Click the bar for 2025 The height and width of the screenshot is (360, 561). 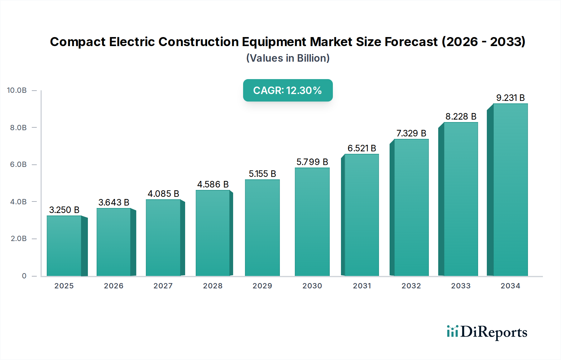[x=64, y=246]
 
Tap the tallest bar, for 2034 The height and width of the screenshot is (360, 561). [x=510, y=190]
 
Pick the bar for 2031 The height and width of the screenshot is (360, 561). [x=362, y=215]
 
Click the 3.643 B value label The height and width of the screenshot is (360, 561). [x=114, y=202]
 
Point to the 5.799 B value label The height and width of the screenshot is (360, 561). [x=312, y=162]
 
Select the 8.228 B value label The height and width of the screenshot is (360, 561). [x=461, y=116]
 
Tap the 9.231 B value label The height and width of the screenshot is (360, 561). [x=510, y=98]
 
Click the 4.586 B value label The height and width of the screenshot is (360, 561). [x=213, y=184]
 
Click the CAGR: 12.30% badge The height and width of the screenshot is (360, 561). [x=288, y=90]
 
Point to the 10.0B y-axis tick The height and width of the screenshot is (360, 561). [x=17, y=90]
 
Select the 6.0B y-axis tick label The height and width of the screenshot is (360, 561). [x=18, y=164]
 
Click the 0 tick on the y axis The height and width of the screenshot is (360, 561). [x=24, y=276]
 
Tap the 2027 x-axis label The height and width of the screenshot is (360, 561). [x=163, y=286]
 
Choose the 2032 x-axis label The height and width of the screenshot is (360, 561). [x=411, y=286]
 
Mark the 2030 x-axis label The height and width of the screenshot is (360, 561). [x=312, y=286]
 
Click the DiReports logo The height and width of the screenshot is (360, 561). [x=487, y=332]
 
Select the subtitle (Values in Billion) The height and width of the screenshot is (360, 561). [x=288, y=58]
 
